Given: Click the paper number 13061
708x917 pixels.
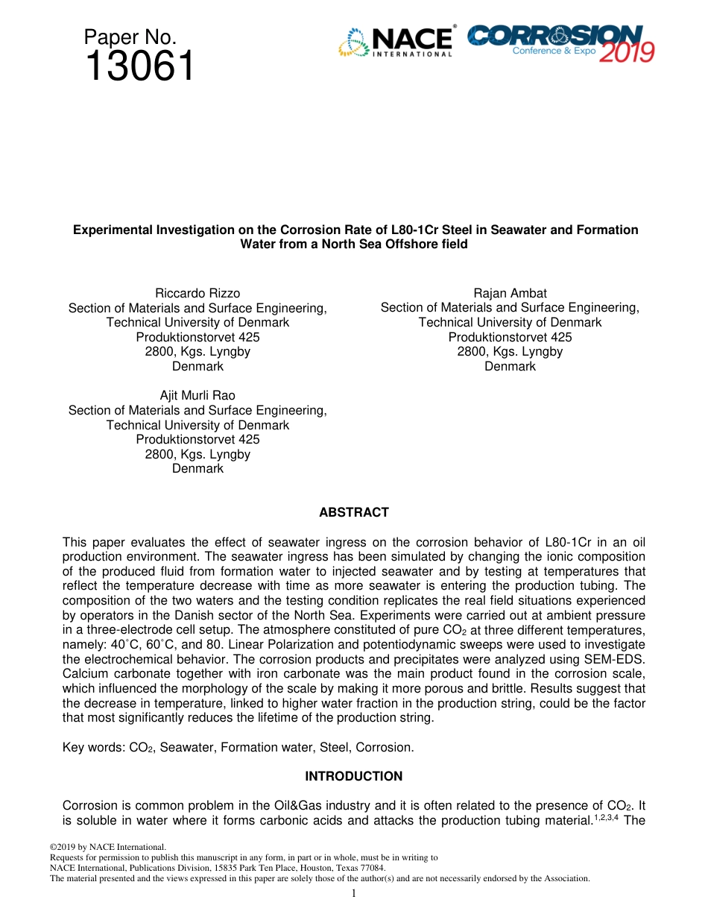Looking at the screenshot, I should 139,67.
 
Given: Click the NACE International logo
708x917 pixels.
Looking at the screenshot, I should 396,42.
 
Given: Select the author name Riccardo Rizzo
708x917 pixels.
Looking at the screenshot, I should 197,293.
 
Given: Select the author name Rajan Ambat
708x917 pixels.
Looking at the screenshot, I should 510,293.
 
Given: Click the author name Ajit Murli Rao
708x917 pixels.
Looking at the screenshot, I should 197,395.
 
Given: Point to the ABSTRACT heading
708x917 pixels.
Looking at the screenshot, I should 354,512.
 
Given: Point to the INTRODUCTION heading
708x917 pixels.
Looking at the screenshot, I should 354,776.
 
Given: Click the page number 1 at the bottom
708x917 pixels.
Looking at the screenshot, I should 354,893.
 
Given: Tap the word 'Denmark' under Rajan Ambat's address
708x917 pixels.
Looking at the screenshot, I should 510,366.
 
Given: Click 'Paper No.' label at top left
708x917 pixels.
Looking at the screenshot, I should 130,37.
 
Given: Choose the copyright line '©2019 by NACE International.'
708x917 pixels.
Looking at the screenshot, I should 107,847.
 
